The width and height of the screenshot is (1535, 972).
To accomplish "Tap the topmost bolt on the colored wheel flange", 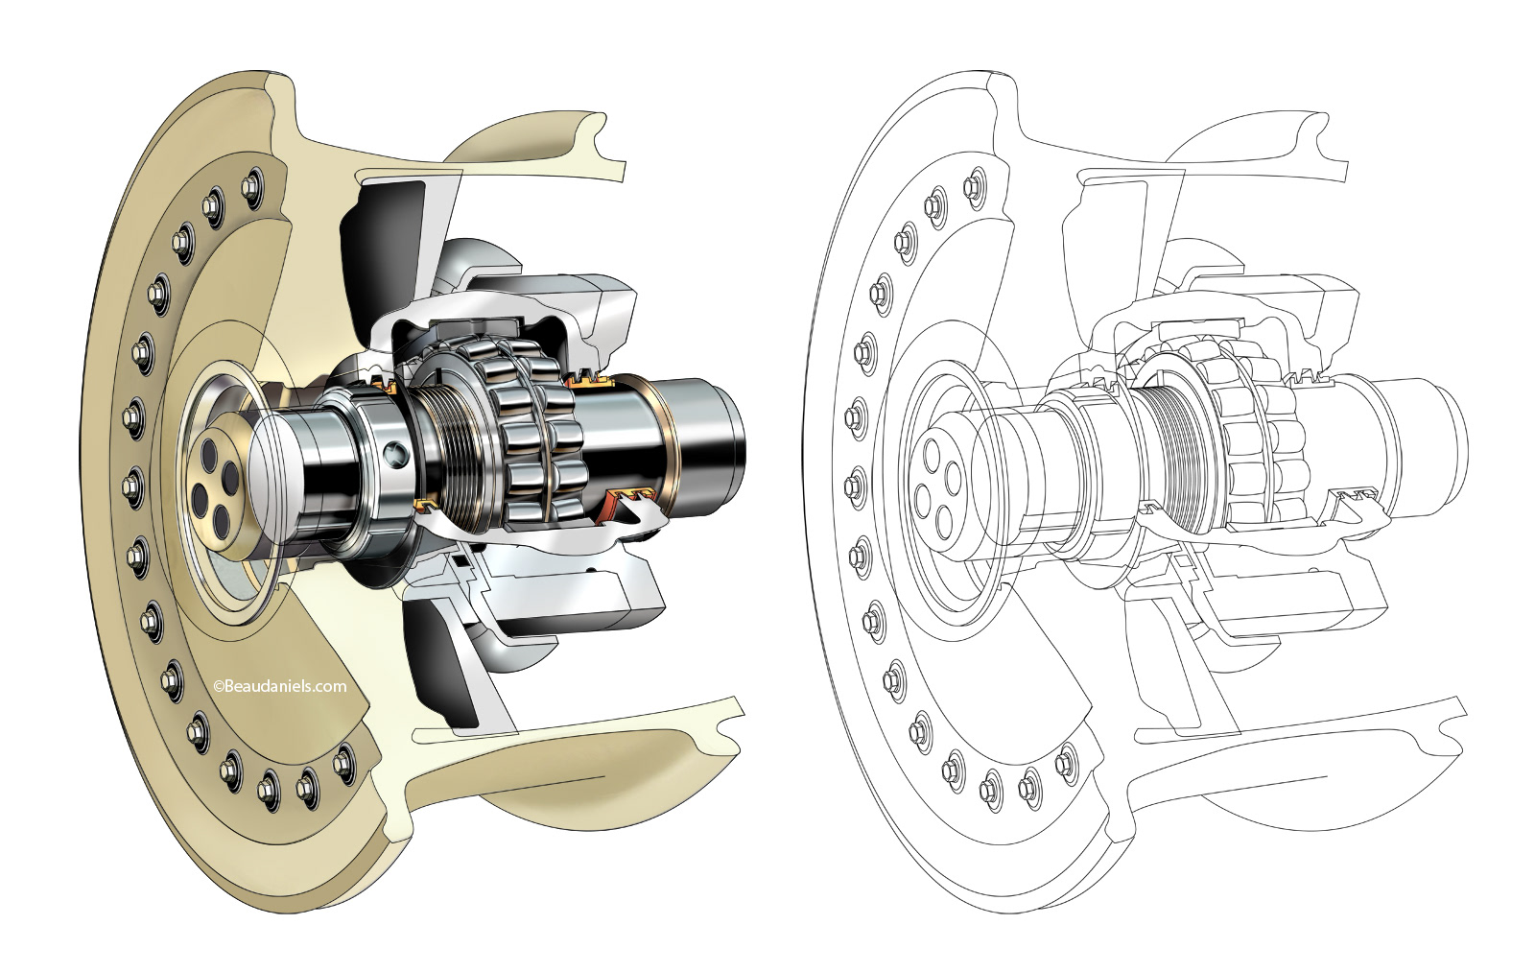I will (251, 184).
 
